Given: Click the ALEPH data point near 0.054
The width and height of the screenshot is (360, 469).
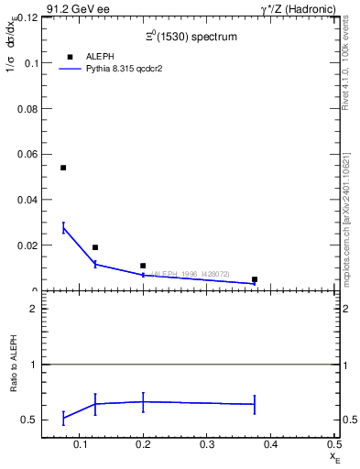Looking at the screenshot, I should pyautogui.click(x=63, y=168).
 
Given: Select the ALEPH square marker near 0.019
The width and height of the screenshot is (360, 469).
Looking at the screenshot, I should pyautogui.click(x=95, y=247).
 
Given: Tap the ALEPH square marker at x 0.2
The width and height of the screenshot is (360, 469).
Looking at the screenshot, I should pyautogui.click(x=143, y=266).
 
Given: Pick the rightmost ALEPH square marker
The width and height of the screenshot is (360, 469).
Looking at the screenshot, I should pyautogui.click(x=255, y=279).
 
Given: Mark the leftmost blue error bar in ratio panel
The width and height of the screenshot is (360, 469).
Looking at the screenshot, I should pyautogui.click(x=63, y=418).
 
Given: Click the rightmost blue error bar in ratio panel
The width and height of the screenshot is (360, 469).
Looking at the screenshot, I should pyautogui.click(x=255, y=404).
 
